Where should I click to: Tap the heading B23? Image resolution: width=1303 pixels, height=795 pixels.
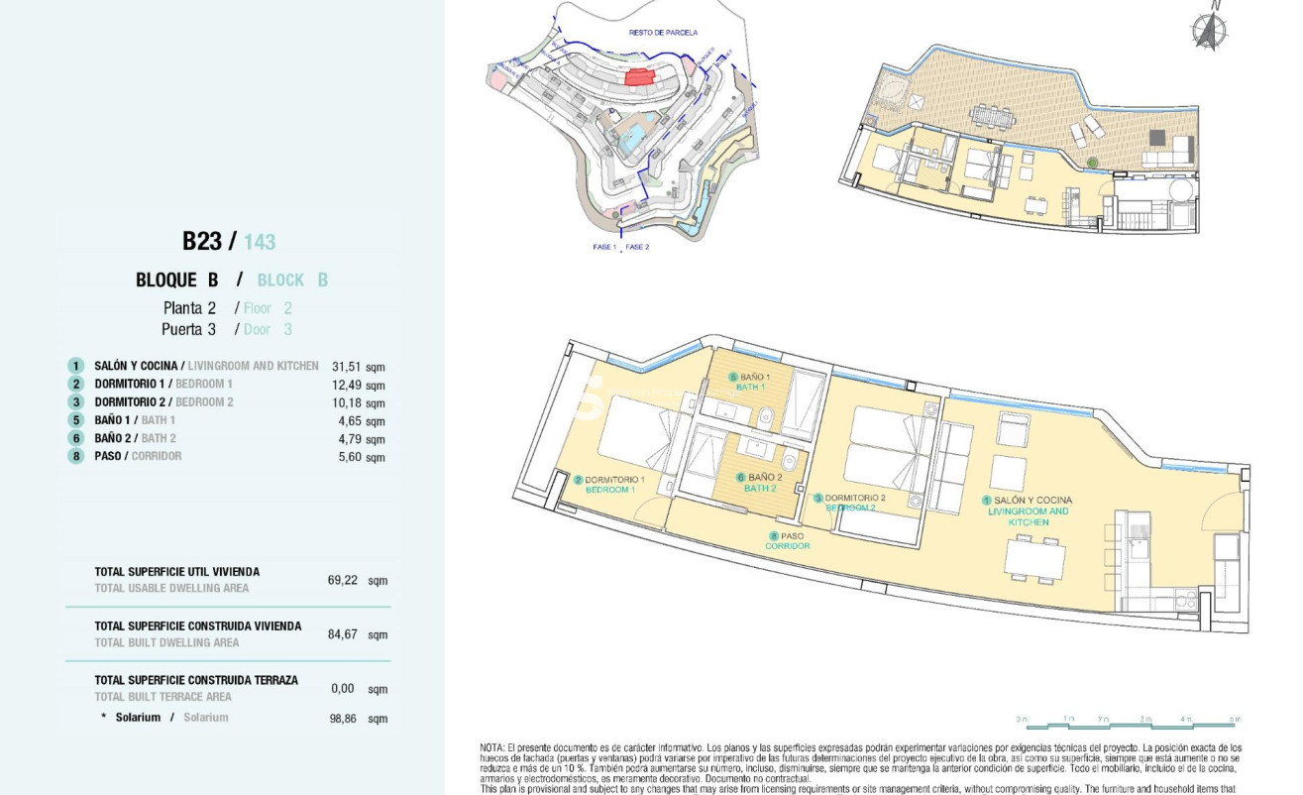tap(203, 241)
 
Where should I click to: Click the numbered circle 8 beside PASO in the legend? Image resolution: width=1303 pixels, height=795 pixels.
tap(75, 456)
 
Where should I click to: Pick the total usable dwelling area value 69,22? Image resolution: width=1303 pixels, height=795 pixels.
tap(342, 580)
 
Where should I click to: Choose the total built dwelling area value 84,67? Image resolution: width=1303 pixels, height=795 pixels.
tap(342, 633)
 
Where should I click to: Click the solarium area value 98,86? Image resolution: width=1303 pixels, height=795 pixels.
tap(342, 718)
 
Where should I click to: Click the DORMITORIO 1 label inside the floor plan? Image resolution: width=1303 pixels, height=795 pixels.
tap(614, 485)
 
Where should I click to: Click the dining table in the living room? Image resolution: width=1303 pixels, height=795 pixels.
tap(1034, 558)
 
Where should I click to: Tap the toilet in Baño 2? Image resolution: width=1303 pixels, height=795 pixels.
tap(790, 462)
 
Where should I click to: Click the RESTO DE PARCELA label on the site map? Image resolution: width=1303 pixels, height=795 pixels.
tap(663, 33)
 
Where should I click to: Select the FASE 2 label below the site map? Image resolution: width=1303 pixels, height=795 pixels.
tap(638, 247)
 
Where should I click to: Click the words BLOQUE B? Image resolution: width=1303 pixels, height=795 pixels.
tap(176, 281)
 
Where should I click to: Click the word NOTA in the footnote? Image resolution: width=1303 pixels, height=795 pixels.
tap(492, 747)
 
